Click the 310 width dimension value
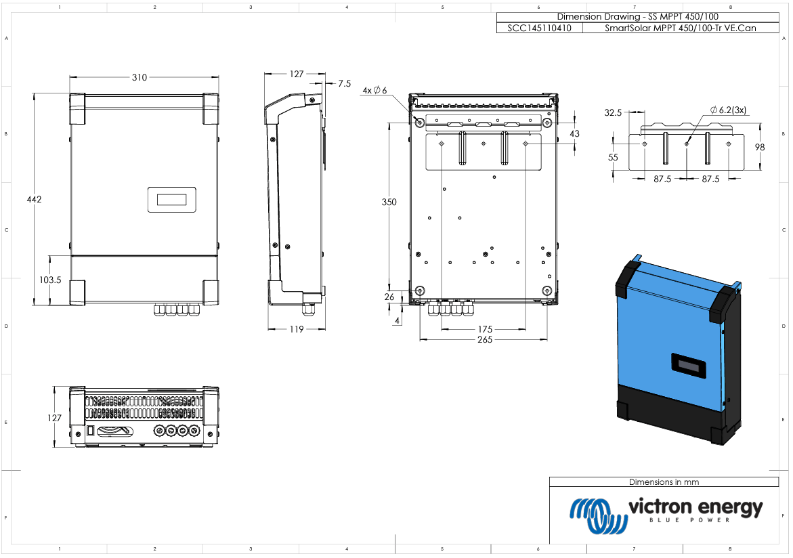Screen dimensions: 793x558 click(x=140, y=77)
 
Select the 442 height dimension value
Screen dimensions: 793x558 click(x=34, y=199)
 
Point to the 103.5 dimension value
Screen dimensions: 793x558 click(x=50, y=280)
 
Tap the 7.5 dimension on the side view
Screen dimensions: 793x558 click(x=345, y=83)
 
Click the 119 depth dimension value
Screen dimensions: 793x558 click(x=297, y=329)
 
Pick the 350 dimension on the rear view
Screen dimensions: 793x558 click(x=389, y=202)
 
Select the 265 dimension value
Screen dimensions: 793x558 click(x=484, y=339)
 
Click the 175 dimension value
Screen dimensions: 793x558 click(x=484, y=329)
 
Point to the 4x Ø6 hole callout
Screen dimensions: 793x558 click(x=374, y=91)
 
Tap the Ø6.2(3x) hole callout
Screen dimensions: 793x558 click(x=728, y=110)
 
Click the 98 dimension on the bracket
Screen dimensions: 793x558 click(x=760, y=147)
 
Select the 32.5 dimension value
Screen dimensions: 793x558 click(x=613, y=113)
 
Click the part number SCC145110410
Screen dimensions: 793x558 click(x=539, y=28)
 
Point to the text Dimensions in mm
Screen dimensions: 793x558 click(x=664, y=482)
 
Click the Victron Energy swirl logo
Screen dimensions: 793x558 click(x=599, y=515)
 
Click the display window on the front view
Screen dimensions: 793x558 click(x=171, y=199)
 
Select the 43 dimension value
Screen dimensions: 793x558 click(x=574, y=133)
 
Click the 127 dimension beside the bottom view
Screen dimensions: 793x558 click(x=54, y=418)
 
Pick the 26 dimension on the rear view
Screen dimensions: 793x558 click(x=389, y=297)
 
